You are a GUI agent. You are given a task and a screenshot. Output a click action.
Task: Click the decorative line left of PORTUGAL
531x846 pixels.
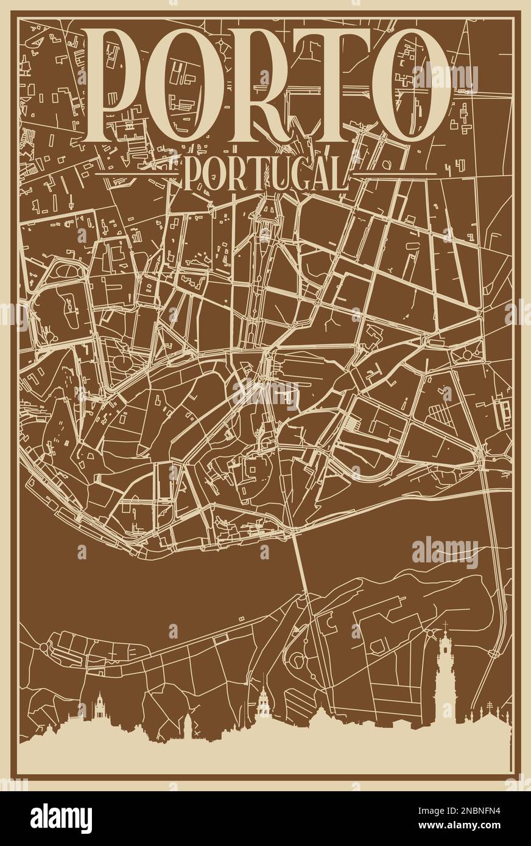pyautogui.click(x=138, y=158)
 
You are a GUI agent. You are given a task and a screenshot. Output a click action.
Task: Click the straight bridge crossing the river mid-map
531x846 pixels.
pyautogui.click(x=302, y=566)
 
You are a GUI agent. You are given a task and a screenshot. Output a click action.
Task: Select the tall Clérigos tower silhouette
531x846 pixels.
pyautogui.click(x=446, y=682)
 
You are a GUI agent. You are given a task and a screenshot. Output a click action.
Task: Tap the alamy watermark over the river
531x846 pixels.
pyautogui.click(x=445, y=551)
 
